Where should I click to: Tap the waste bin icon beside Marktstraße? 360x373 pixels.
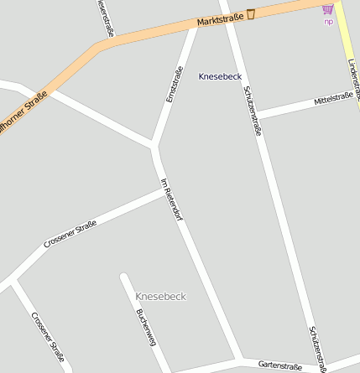(250, 13)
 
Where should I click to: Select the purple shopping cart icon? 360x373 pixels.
(327, 9)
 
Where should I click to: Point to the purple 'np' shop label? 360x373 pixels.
(328, 21)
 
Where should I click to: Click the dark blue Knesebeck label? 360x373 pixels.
(220, 76)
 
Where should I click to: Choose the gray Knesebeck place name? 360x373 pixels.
(160, 297)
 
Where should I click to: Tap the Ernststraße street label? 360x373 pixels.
(175, 85)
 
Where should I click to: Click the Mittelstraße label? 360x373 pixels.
(333, 99)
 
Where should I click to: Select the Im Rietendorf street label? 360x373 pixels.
(171, 199)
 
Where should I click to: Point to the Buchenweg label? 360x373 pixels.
(146, 326)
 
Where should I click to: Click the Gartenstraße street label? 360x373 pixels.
(280, 365)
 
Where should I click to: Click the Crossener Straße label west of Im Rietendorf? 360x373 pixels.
(70, 234)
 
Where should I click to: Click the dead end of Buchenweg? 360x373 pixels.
(124, 276)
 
